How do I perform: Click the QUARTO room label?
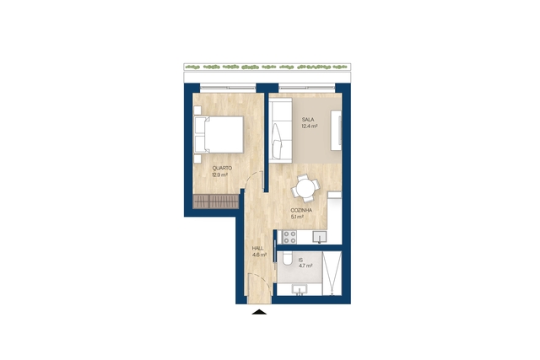click(222, 169)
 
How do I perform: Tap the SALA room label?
click(308, 120)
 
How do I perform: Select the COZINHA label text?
click(301, 210)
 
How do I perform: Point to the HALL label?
click(258, 248)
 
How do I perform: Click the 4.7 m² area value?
click(305, 266)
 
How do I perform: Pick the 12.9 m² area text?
click(219, 175)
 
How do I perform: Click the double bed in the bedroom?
click(219, 135)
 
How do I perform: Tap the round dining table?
click(305, 188)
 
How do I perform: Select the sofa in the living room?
click(281, 130)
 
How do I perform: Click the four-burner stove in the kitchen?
click(289, 237)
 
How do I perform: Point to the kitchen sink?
click(320, 237)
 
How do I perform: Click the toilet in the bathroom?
click(286, 259)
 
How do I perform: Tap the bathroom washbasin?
click(300, 290)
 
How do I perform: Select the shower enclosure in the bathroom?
click(332, 273)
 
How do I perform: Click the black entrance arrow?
click(259, 312)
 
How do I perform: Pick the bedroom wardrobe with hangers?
click(216, 201)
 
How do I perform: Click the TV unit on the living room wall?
click(336, 130)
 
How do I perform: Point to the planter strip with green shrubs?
click(267, 67)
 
